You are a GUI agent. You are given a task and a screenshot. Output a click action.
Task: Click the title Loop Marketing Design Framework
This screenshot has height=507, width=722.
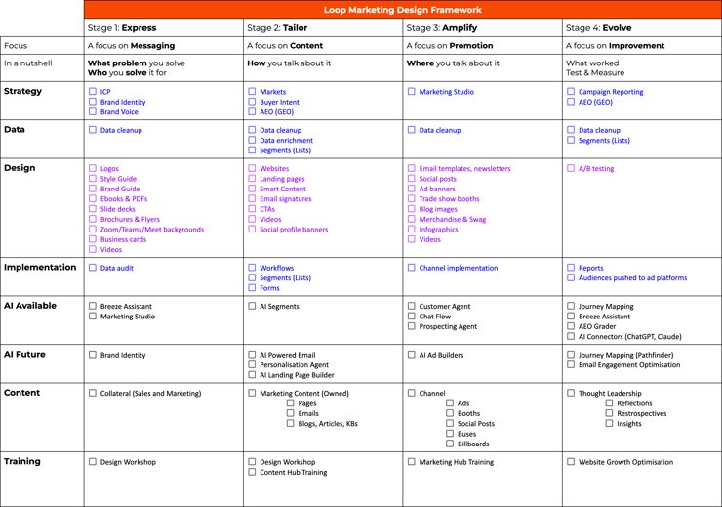click(x=401, y=10)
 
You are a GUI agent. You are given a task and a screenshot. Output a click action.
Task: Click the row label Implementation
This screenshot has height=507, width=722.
click(x=40, y=267)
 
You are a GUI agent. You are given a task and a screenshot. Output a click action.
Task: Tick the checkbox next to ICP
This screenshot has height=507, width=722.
click(x=93, y=92)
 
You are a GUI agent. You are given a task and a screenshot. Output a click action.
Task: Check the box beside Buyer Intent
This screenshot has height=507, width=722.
click(x=252, y=102)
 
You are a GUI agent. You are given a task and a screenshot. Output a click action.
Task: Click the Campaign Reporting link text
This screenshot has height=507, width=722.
click(x=611, y=92)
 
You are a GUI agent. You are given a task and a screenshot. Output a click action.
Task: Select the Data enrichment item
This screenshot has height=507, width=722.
click(x=286, y=140)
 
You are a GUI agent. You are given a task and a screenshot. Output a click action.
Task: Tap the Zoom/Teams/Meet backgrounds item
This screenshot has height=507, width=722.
click(x=151, y=230)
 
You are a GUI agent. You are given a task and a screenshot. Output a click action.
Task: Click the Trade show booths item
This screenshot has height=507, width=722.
click(x=449, y=199)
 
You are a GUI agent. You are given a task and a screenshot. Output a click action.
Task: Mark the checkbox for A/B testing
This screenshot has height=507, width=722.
click(x=571, y=168)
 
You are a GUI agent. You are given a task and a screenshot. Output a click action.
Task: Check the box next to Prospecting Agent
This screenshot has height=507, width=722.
click(x=411, y=326)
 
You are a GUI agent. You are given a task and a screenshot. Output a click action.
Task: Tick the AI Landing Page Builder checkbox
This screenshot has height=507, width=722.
click(x=252, y=375)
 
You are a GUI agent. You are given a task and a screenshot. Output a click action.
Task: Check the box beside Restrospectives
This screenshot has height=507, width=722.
click(x=609, y=413)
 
